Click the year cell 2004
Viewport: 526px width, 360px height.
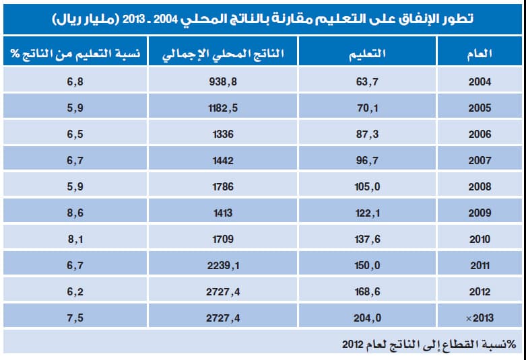pyautogui.click(x=480, y=82)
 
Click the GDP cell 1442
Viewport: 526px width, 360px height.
pyautogui.click(x=222, y=161)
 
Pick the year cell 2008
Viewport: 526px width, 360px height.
pyautogui.click(x=480, y=187)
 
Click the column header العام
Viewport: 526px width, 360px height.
pyautogui.click(x=479, y=54)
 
